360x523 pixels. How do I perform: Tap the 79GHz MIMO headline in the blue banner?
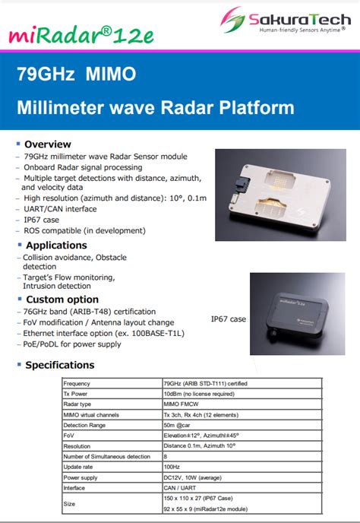coord(77,74)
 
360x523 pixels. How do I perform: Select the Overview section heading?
coord(47,144)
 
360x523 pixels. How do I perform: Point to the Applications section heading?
coord(56,245)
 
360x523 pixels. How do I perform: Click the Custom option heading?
coord(62,300)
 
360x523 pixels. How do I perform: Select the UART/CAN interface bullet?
coord(60,208)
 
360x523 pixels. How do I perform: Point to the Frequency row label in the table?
coord(77,384)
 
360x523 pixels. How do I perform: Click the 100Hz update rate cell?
coord(172,467)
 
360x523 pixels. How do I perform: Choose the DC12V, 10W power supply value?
coord(194,477)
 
